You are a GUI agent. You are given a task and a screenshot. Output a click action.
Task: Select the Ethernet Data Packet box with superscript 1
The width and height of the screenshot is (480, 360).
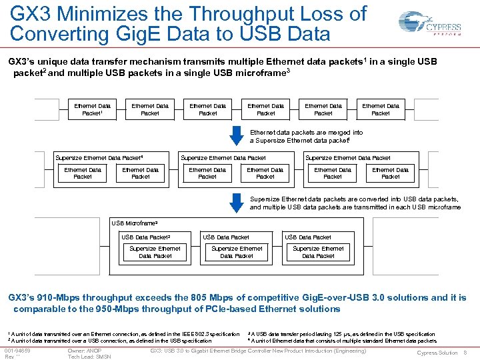pyautogui.click(x=93, y=109)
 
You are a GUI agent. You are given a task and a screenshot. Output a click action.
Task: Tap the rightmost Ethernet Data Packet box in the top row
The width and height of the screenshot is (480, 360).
pyautogui.click(x=381, y=109)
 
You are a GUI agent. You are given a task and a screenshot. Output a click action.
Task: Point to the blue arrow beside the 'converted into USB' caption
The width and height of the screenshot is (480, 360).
pyautogui.click(x=237, y=201)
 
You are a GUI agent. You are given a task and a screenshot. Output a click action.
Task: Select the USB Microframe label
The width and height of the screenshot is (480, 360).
pyautogui.click(x=135, y=223)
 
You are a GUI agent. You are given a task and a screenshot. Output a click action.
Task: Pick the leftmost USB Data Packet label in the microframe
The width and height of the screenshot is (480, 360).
pyautogui.click(x=146, y=237)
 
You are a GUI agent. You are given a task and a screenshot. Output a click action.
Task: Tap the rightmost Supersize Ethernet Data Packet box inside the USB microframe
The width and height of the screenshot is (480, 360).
pyautogui.click(x=318, y=252)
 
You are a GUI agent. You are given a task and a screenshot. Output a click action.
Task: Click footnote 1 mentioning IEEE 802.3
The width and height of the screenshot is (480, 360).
pyautogui.click(x=124, y=333)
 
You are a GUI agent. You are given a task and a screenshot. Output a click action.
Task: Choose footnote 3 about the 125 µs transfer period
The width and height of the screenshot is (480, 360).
pyautogui.click(x=341, y=333)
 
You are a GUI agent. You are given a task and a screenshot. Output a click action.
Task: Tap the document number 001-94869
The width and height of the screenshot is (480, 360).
pyautogui.click(x=17, y=350)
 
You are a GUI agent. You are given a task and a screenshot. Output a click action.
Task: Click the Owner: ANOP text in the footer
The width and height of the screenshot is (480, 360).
pyautogui.click(x=85, y=350)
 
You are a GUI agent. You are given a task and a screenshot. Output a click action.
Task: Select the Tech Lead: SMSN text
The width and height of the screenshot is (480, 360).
pyautogui.click(x=89, y=357)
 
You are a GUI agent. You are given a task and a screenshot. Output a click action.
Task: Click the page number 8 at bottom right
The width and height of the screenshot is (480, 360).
pyautogui.click(x=465, y=353)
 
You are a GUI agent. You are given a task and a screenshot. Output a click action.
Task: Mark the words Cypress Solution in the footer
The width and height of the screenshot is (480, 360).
pyautogui.click(x=437, y=353)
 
